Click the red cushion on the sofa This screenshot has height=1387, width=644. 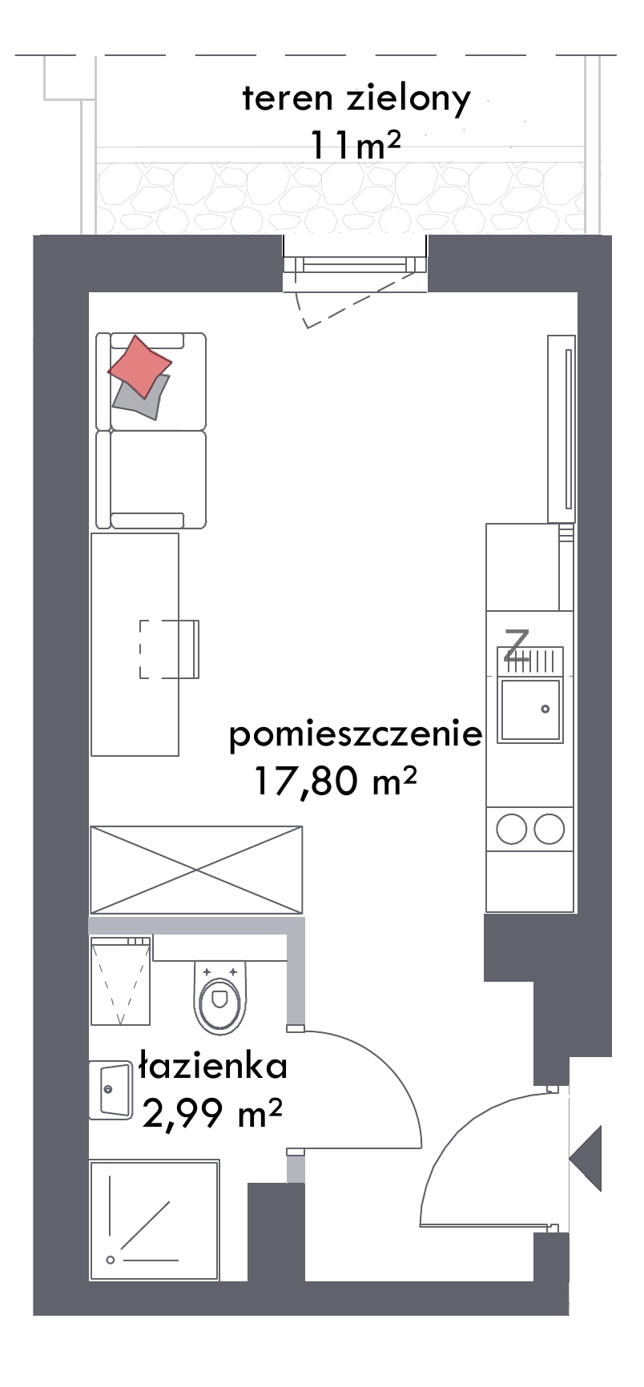[139, 366]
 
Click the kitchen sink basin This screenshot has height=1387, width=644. [529, 710]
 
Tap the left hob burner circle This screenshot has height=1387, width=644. [512, 829]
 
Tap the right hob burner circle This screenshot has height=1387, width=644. [549, 829]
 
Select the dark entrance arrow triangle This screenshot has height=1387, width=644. [587, 1157]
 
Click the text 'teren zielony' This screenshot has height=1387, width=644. [356, 100]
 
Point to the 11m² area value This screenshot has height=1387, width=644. [355, 146]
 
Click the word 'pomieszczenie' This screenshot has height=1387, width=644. [356, 734]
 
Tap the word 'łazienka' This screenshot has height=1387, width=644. [212, 1066]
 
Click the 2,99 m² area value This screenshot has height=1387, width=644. [212, 1112]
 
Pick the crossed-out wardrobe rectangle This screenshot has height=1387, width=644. [196, 870]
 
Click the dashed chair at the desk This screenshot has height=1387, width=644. [169, 649]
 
